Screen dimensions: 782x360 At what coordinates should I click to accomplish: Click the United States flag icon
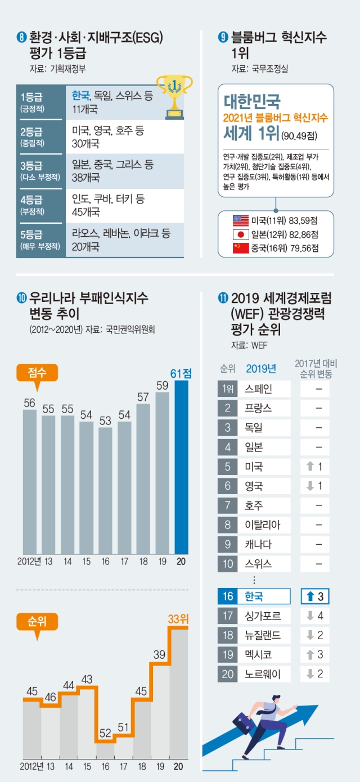coord(241,220)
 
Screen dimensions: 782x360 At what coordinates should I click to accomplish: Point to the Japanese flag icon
coord(241,234)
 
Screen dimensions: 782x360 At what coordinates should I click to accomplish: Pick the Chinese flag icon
coord(241,248)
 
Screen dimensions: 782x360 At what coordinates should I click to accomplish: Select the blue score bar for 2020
coord(182,467)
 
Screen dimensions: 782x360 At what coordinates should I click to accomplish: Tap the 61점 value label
coord(181,373)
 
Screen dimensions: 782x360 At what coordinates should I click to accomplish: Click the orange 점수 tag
coord(37,372)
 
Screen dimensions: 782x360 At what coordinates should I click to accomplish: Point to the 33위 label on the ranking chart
coord(179,619)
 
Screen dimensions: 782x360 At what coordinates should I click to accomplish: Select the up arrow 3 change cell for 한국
coord(314,596)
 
